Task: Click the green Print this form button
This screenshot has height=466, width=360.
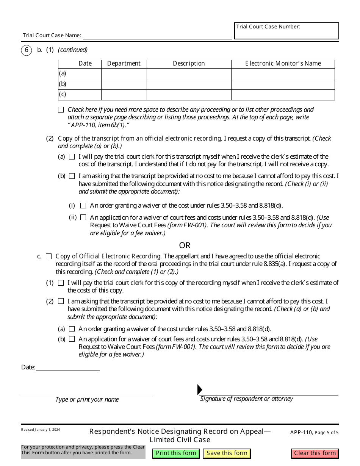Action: click(176, 453)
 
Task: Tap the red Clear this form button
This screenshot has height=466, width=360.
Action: click(315, 453)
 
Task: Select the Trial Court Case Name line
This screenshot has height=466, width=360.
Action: click(157, 36)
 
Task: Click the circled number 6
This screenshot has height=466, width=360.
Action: click(26, 50)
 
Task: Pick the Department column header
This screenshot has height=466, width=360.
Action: click(124, 64)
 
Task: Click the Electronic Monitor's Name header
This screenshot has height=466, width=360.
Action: click(283, 64)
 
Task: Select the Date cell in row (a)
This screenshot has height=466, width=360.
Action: click(85, 73)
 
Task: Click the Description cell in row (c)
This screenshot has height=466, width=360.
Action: click(189, 94)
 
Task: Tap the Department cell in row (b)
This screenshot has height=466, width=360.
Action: click(124, 84)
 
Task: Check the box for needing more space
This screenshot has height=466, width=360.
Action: click(61, 110)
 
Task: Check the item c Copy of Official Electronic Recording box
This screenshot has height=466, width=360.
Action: click(49, 256)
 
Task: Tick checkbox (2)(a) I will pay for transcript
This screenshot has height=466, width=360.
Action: click(72, 157)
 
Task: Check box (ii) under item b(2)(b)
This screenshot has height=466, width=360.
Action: click(83, 217)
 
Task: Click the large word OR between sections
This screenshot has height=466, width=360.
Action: click(185, 246)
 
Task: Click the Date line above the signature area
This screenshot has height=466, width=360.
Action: click(67, 367)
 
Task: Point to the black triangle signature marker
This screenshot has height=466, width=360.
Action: click(200, 389)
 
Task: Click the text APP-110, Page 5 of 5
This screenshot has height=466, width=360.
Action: click(314, 432)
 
